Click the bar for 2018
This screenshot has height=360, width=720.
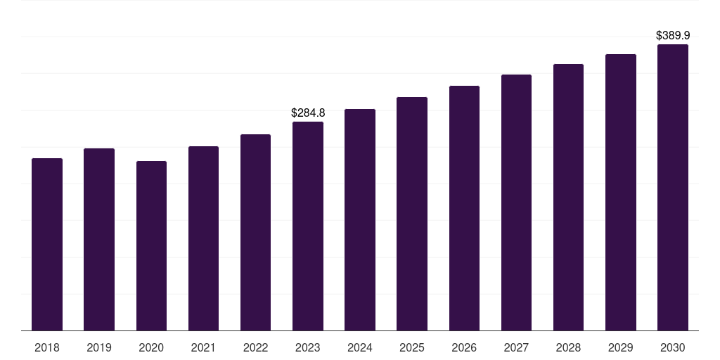point(47,245)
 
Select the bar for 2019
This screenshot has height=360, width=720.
point(99,240)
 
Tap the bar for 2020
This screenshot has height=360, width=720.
point(151,246)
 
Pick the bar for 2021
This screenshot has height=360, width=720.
point(203,238)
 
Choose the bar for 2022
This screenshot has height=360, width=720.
point(255,233)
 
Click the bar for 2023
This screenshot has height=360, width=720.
point(308,226)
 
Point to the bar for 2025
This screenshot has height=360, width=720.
point(412,214)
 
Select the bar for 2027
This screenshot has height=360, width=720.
point(516,202)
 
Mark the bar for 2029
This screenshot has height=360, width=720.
point(621,193)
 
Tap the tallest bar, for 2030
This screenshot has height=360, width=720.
point(673,188)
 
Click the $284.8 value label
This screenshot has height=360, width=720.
point(308,112)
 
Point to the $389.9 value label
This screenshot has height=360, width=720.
point(673,35)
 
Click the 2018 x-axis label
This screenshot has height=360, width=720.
point(47,347)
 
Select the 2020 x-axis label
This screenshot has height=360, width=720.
point(151,347)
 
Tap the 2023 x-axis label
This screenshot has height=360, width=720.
point(308,347)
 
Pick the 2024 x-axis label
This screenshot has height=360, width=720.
point(360,347)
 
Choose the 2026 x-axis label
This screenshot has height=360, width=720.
point(464,347)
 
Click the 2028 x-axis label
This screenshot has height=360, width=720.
point(568,347)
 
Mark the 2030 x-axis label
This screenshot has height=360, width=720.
point(673,347)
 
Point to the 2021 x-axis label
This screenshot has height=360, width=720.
point(203,347)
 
